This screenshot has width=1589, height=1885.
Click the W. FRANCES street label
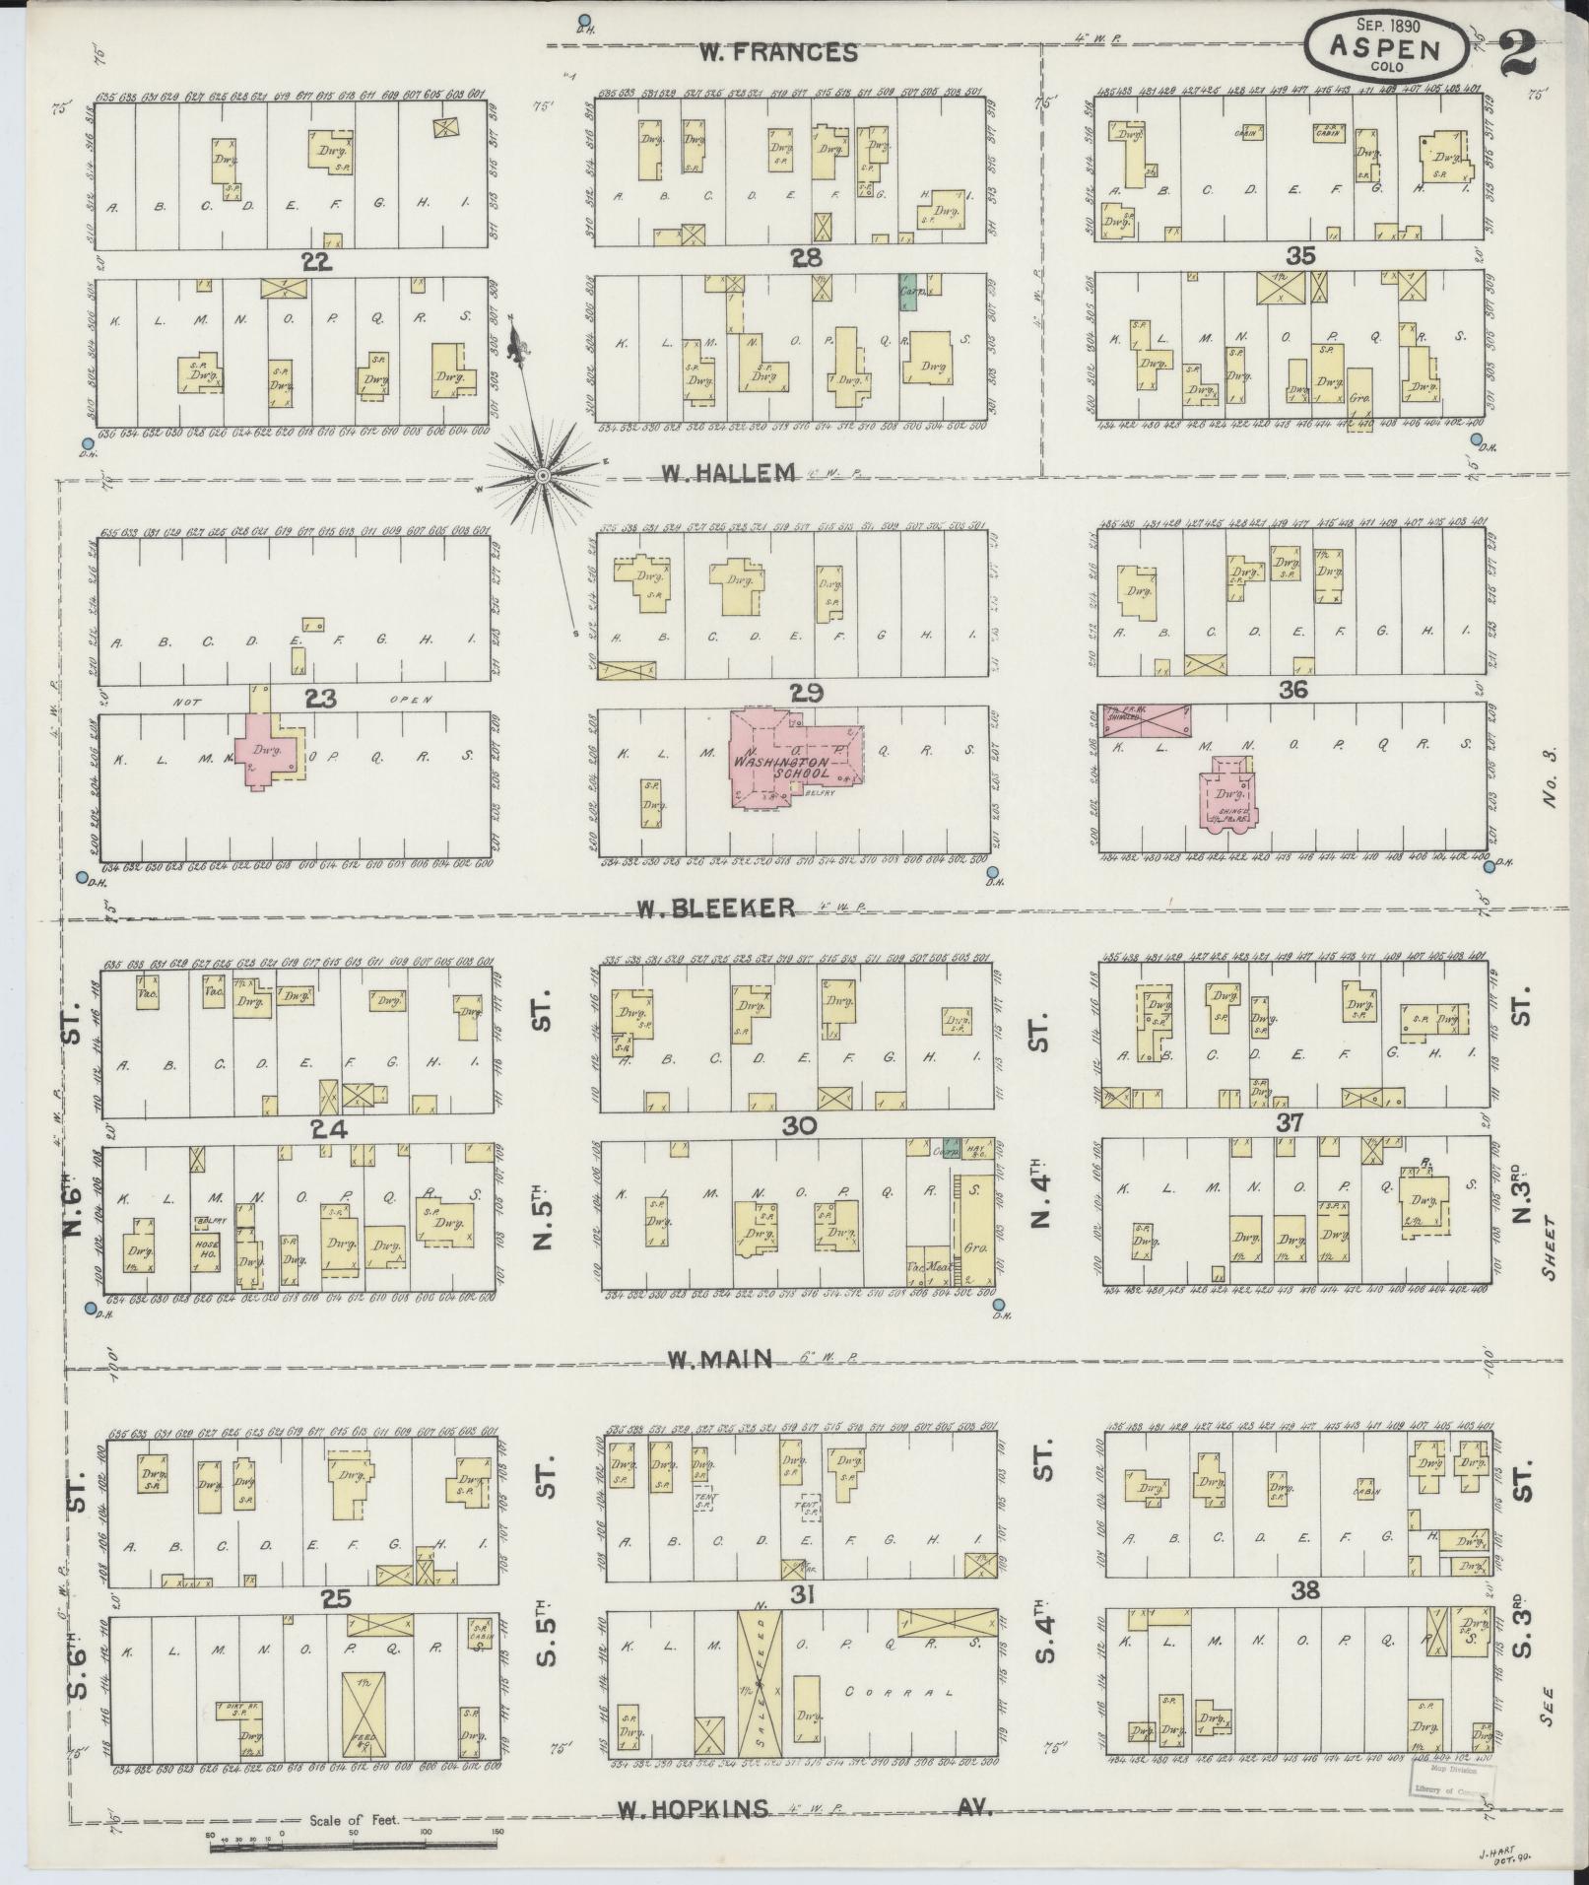(x=778, y=53)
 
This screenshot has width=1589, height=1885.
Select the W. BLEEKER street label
(x=729, y=908)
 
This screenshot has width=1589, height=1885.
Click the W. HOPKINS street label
(x=694, y=1808)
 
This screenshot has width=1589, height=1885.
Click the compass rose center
(x=541, y=477)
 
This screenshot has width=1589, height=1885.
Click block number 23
(x=321, y=698)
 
